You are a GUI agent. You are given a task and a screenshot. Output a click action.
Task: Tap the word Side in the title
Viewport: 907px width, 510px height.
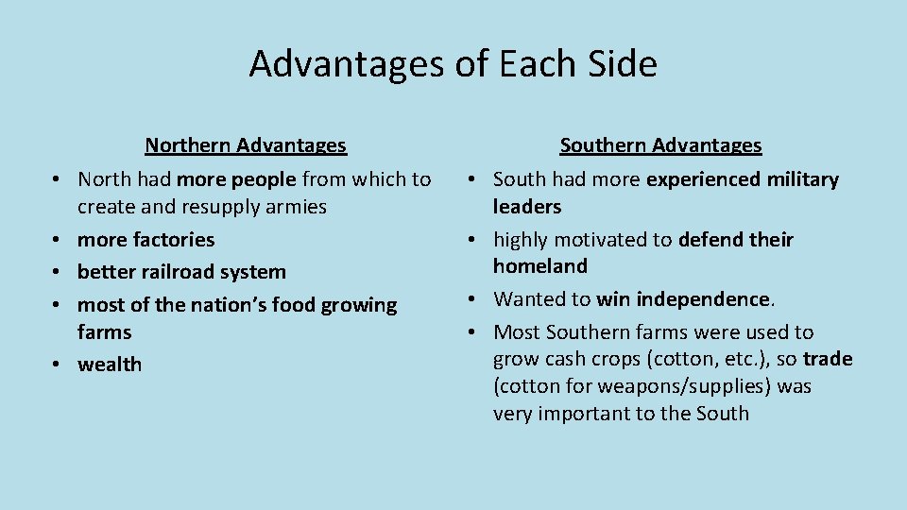point(621,64)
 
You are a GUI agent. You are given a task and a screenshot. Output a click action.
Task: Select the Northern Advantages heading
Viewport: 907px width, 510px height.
point(246,145)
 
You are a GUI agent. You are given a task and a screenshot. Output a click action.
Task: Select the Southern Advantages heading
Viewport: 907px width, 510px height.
point(660,145)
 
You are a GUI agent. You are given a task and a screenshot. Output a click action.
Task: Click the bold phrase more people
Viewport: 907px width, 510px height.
point(236,178)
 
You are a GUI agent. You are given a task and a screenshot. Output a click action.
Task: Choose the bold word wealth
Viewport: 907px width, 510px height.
point(110,365)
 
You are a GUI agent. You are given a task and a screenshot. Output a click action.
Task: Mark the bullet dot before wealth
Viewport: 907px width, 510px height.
point(58,365)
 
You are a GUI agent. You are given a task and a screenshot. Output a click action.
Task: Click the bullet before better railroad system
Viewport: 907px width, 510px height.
point(58,273)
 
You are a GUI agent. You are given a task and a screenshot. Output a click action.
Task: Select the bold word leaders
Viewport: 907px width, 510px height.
point(527,206)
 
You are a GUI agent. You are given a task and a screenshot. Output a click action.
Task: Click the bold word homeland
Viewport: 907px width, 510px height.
point(540,266)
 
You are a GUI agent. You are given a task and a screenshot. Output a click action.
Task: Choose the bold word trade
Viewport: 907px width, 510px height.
point(828,359)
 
